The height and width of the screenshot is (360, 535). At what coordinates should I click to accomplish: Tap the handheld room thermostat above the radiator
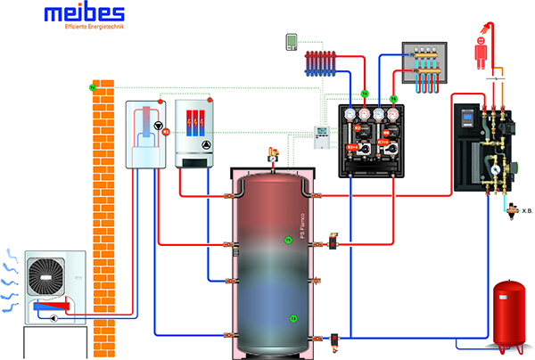(291, 41)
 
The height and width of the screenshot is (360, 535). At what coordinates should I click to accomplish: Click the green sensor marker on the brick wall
(92, 87)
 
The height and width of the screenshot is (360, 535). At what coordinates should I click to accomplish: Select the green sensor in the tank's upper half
(288, 240)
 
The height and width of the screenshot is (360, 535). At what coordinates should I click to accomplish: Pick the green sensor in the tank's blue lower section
(293, 318)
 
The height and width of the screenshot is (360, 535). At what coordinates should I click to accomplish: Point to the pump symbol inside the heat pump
(159, 127)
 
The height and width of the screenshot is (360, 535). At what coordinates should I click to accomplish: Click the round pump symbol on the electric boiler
(207, 145)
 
